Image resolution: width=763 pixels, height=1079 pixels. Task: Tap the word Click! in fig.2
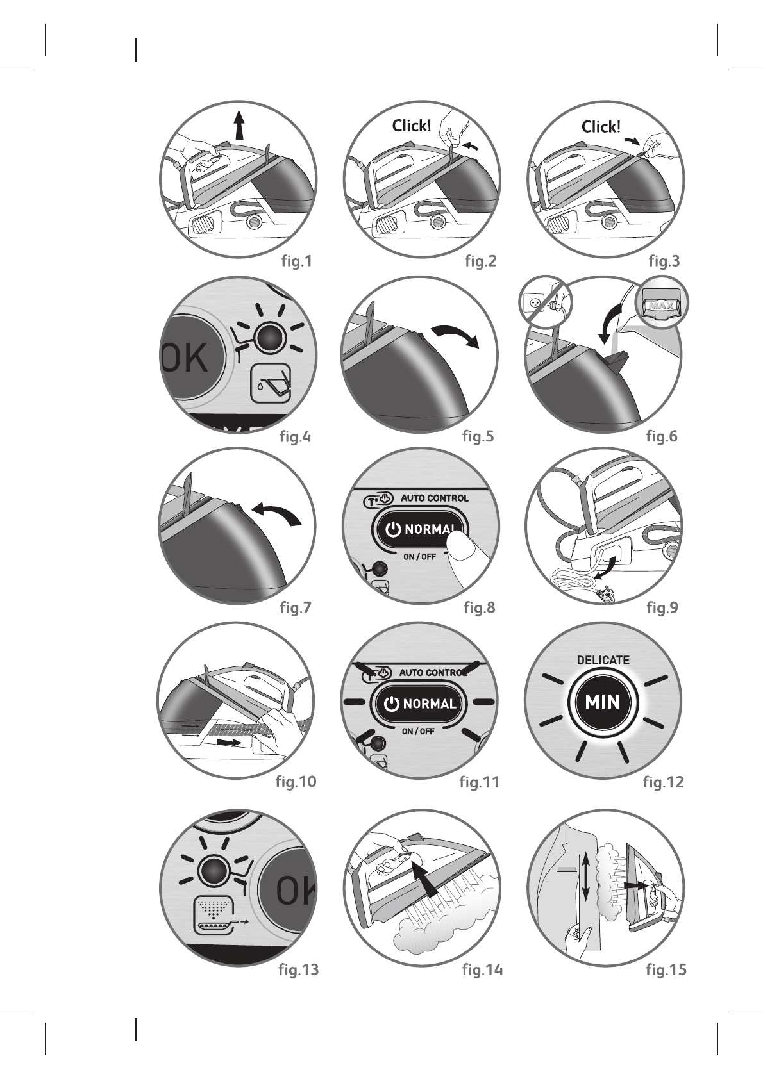click(x=411, y=126)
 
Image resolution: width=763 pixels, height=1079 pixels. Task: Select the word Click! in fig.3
click(x=601, y=127)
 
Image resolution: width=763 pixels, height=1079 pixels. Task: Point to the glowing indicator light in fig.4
click(x=269, y=337)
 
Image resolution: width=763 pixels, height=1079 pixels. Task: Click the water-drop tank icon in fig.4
click(x=272, y=383)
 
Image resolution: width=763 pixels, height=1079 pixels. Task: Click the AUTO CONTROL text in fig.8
click(x=434, y=498)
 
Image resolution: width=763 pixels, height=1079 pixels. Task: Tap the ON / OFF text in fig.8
click(x=419, y=556)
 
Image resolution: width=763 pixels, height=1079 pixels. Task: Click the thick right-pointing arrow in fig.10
click(x=229, y=743)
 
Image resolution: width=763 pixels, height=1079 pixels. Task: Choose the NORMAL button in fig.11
click(x=421, y=704)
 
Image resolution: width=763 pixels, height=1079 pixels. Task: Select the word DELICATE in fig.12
click(x=603, y=660)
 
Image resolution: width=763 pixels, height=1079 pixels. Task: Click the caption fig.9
click(x=662, y=607)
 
